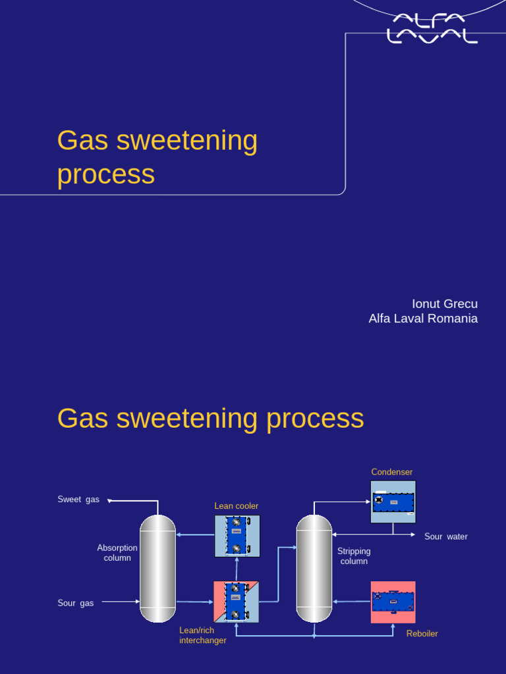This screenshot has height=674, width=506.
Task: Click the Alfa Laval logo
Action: [432, 28]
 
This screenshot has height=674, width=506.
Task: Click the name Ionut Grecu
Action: [444, 304]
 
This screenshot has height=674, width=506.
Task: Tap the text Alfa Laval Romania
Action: [423, 319]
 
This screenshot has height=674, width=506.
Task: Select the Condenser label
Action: [391, 472]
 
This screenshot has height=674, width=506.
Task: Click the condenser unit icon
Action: [393, 502]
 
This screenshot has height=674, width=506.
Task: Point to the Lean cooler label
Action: [236, 506]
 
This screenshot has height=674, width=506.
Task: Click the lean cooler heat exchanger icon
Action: [237, 536]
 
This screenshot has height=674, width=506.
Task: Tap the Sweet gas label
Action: [78, 500]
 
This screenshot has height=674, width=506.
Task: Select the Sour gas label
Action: [76, 603]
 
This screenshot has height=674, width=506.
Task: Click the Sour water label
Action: [446, 536]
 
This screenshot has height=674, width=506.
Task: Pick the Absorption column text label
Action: [117, 553]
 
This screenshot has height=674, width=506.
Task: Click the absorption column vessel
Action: [158, 569]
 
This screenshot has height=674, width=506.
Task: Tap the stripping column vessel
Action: [314, 569]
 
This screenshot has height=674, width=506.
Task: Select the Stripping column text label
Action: [354, 556]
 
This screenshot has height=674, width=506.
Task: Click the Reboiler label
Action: [422, 634]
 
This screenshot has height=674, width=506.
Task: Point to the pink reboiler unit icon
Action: [393, 602]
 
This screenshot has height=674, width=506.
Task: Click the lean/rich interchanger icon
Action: [237, 602]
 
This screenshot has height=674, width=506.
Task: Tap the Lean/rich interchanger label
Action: [203, 635]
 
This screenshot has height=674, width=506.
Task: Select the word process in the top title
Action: [106, 174]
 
